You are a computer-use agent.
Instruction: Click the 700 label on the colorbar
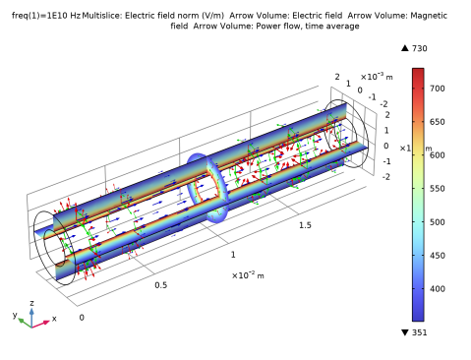pos(438,89)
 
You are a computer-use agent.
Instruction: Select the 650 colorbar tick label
pos(438,122)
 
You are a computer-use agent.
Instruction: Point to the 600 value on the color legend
pos(438,155)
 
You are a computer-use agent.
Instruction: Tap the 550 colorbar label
pos(438,189)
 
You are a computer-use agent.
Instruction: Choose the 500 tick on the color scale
pos(438,222)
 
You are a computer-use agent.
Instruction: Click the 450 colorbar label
pos(438,256)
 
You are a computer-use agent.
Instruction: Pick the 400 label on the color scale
pos(438,289)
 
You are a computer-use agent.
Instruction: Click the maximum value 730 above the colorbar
pos(420,48)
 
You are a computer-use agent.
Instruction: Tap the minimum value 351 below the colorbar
pos(420,332)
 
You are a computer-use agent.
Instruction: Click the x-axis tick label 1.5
pos(305,225)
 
